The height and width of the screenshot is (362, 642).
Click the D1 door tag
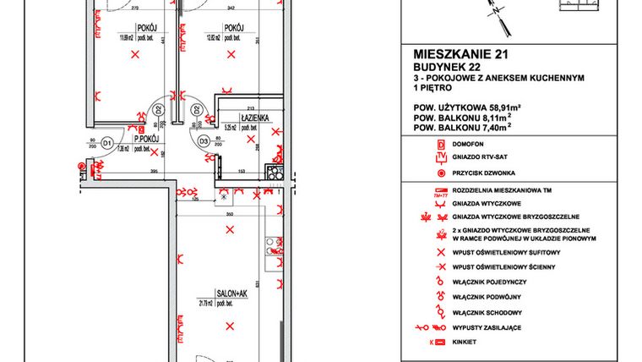pyautogui.click(x=107, y=144)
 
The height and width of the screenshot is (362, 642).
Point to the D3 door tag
pyautogui.click(x=204, y=142)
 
